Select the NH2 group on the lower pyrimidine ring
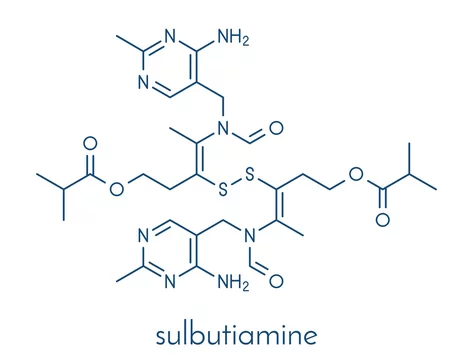point(233,283)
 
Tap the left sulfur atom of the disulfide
point(223,189)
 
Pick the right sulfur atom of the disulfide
point(250,174)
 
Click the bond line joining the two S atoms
point(236,182)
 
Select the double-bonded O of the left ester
point(90,144)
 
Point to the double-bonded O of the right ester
point(383,220)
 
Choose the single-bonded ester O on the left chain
point(117,189)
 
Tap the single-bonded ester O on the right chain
point(356,174)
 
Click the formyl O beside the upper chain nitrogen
point(276,128)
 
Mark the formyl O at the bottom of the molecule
point(276,282)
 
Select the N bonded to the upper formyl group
point(223,128)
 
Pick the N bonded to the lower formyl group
point(250,236)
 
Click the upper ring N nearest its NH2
point(170,36)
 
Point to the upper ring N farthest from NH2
point(143,82)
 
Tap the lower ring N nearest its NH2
point(170,282)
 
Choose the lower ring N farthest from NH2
point(143,236)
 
